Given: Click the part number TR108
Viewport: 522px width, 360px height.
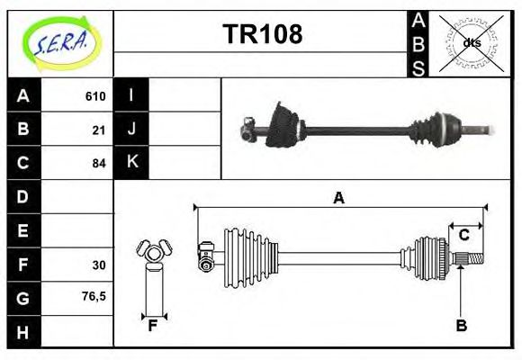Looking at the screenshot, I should pos(262,34).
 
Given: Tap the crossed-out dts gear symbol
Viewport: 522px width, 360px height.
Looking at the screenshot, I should pos(471,42).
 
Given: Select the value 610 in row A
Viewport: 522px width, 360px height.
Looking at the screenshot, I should pos(95,96).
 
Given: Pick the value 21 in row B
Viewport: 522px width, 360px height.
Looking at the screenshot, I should pos(99,130).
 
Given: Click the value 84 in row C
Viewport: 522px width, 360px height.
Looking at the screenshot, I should pos(99,164).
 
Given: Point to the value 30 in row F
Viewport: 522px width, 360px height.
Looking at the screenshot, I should pos(99,265).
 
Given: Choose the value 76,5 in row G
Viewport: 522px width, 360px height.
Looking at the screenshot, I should pos(94,295).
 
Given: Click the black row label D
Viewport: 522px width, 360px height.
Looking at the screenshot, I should pos(23,197).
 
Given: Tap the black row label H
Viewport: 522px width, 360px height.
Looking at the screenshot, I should pos(23,332).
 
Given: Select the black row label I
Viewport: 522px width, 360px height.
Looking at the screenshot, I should pos(131,95).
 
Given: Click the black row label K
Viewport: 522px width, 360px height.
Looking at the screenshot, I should pos(131,163).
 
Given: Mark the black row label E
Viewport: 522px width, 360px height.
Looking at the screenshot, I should pos(23,231).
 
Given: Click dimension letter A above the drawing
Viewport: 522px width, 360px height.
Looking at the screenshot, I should pos(338,199).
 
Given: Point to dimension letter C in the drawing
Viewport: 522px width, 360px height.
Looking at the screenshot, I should pos(463,236).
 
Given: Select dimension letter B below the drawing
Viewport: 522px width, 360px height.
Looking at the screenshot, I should pos(461,326).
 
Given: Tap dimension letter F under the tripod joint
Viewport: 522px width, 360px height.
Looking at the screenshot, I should pos(153,326).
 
